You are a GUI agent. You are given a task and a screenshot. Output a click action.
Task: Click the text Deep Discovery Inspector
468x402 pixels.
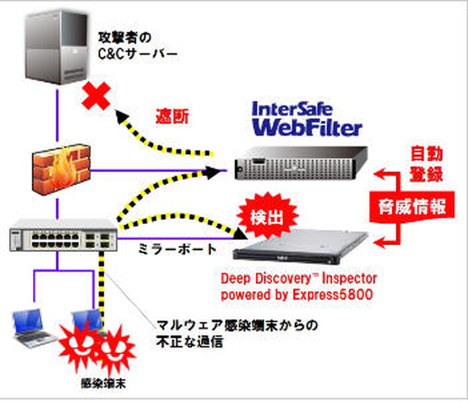pyautogui.click(x=298, y=278)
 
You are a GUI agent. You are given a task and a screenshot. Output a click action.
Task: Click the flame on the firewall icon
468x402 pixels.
pyautogui.click(x=61, y=170)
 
